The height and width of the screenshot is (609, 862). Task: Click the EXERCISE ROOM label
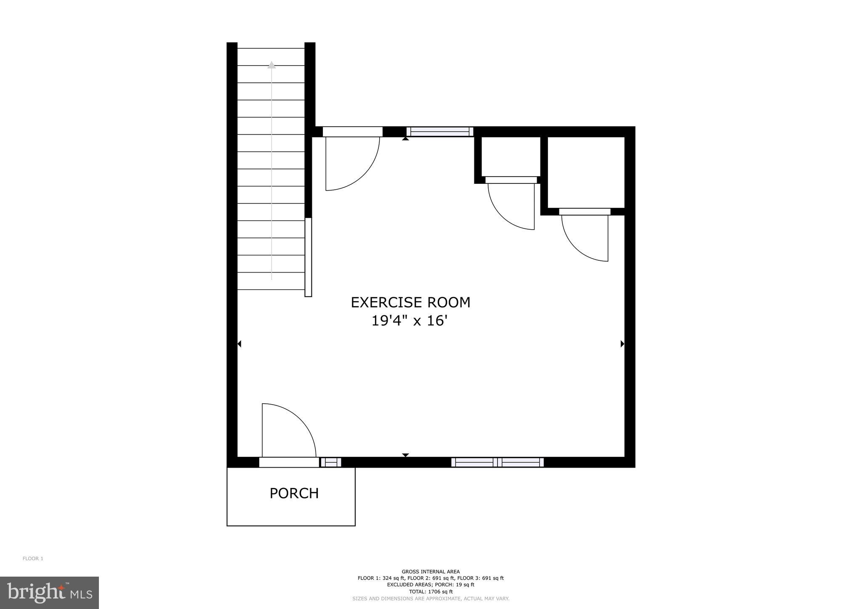point(410,302)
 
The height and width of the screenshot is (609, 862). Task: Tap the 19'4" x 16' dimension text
point(408,321)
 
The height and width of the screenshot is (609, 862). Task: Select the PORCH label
point(294,493)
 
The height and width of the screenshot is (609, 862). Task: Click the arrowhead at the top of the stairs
point(271,65)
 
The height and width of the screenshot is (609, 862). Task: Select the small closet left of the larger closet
point(511,156)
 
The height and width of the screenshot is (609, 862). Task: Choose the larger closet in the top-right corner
point(585,172)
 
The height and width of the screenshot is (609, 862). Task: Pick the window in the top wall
point(440,132)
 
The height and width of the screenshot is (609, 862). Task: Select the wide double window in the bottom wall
point(498,462)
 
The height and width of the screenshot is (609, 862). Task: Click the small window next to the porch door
point(331,462)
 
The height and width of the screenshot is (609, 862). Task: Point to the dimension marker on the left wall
point(239,344)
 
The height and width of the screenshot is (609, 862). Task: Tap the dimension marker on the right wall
point(623,344)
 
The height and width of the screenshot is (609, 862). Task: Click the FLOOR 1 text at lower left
point(33,559)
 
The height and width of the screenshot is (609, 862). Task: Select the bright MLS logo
point(49,593)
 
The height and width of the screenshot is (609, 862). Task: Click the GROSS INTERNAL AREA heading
point(431,572)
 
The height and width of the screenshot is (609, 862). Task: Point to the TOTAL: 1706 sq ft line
point(431,591)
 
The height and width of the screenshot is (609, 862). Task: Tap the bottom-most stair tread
point(271,281)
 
